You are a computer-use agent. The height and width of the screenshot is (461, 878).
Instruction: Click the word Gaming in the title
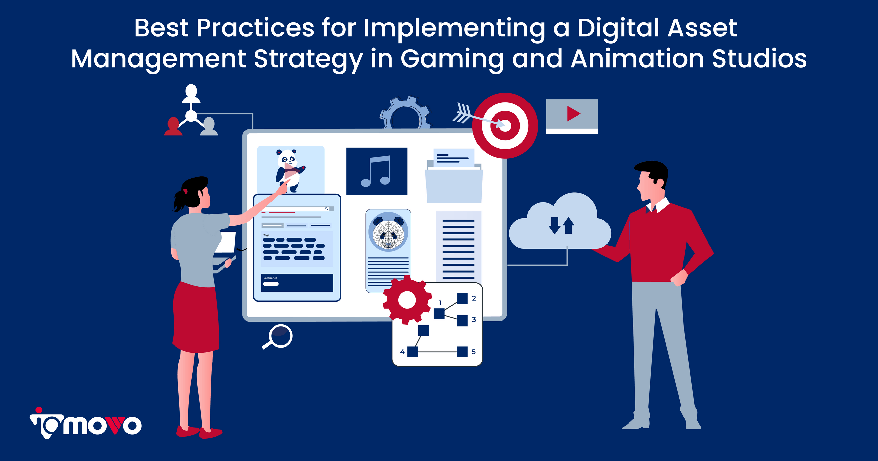coord(452,59)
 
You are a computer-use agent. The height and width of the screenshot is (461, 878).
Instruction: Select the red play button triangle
coord(573,113)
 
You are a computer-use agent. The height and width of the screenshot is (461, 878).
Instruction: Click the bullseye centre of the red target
coord(505,126)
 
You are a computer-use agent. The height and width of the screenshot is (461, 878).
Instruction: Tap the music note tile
coord(377,171)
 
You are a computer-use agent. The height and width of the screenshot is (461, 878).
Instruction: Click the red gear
coord(407,300)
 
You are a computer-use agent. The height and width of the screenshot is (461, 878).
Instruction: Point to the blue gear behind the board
coord(405,112)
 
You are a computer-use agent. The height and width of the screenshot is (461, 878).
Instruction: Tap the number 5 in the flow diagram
coord(474,352)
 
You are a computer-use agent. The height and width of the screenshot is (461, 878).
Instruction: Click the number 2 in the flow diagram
coord(474,298)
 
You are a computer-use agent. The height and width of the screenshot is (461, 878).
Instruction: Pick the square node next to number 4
coord(413,352)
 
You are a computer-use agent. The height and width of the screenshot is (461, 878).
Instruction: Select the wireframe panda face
coord(388,232)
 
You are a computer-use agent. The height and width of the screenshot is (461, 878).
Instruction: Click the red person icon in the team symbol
coord(173,127)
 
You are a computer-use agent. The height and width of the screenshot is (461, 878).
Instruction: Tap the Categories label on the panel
coord(270,278)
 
